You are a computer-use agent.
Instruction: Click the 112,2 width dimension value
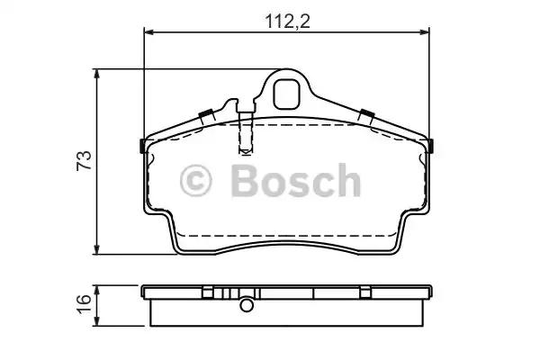287,22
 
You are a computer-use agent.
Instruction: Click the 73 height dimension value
85,160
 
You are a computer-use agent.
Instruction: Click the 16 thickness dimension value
85,303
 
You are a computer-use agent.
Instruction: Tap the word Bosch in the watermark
296,180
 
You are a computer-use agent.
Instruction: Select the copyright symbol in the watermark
195,181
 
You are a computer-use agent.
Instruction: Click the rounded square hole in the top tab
286,94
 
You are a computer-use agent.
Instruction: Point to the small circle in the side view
247,305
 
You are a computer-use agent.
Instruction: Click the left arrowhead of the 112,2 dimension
148,32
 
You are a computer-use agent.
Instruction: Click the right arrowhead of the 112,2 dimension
425,32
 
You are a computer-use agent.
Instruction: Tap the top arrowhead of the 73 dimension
97,74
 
